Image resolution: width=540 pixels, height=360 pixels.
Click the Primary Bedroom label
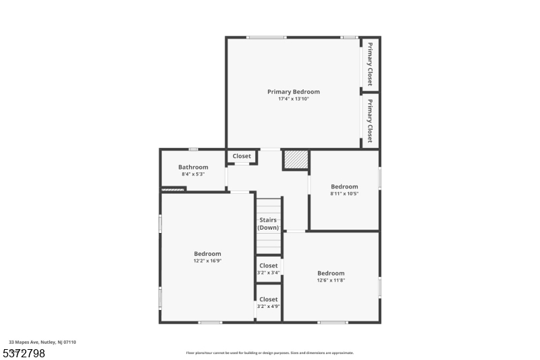(x=293, y=92)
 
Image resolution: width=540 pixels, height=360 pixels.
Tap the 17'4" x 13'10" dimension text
(x=293, y=99)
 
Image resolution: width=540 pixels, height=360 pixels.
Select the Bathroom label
(x=193, y=168)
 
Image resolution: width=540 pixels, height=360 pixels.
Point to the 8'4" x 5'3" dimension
(x=193, y=174)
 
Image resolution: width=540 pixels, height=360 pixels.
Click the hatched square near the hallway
(x=295, y=160)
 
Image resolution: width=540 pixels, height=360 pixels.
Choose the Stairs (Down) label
(x=268, y=224)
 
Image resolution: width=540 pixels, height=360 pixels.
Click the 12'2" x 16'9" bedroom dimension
(x=207, y=261)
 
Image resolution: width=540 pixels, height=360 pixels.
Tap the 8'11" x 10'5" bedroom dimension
(x=344, y=193)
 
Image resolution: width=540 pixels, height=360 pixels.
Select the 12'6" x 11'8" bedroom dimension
(x=331, y=280)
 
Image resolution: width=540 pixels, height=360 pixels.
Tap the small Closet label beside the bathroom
(x=242, y=156)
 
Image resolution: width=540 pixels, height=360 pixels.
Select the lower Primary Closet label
(x=370, y=120)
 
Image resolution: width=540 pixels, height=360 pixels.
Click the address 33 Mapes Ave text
(x=43, y=342)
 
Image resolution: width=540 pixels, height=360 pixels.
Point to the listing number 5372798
(x=26, y=353)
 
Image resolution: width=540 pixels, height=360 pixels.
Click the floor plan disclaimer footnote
(x=270, y=353)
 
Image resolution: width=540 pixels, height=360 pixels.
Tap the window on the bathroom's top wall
(x=193, y=149)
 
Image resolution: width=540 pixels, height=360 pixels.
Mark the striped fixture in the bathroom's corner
(x=173, y=190)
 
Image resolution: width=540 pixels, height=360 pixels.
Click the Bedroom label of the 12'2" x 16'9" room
(x=207, y=254)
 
